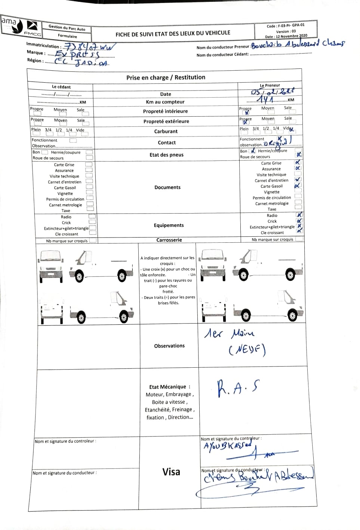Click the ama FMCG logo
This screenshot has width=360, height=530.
pyautogui.click(x=21, y=27)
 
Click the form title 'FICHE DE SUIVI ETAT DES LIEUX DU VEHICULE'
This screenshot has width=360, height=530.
pyautogui.click(x=173, y=34)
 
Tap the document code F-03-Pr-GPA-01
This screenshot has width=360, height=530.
pyautogui.click(x=286, y=25)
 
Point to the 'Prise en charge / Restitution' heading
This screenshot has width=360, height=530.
pyautogui.click(x=166, y=77)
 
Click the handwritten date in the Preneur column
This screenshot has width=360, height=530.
pyautogui.click(x=272, y=92)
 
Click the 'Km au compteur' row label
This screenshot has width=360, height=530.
pyautogui.click(x=165, y=102)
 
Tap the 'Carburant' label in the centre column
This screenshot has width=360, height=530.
pyautogui.click(x=166, y=131)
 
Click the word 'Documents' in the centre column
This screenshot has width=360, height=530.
pyautogui.click(x=167, y=187)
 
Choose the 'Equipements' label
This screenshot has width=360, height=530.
pyautogui.click(x=169, y=225)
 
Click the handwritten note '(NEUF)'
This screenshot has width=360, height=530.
pyautogui.click(x=247, y=350)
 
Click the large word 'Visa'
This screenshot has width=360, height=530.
pyautogui.click(x=171, y=472)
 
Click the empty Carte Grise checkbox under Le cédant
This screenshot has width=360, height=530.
pyautogui.click(x=89, y=164)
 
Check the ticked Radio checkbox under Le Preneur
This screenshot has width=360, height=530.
pyautogui.click(x=299, y=215)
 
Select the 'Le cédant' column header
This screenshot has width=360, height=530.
pyautogui.click(x=61, y=87)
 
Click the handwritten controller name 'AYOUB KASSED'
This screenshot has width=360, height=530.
pyautogui.click(x=227, y=446)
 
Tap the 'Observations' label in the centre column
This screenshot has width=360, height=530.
pyautogui.click(x=169, y=346)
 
